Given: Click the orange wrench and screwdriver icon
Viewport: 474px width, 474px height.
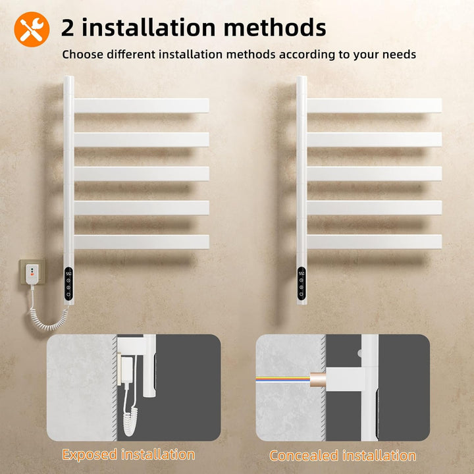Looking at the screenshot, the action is pos(32,30).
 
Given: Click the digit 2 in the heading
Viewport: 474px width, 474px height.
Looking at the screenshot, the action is pos(68,28).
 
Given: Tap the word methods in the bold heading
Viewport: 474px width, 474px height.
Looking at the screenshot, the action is pos(275,28).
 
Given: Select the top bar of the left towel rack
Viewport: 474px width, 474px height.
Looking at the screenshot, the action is pos(142,105).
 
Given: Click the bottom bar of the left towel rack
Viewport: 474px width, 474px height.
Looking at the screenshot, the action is pos(142,242).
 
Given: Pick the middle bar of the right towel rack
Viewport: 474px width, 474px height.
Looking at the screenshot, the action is pos(374,174).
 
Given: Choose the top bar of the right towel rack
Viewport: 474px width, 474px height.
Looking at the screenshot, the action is pos(374,105).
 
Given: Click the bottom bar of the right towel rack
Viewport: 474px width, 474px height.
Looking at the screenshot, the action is pos(374,242).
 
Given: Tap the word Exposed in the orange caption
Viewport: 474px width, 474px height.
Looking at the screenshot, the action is pos(90,455).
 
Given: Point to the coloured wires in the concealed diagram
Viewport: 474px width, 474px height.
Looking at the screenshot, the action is pos(283,379).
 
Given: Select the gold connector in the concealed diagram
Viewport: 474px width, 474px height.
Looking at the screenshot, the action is pos(318,379).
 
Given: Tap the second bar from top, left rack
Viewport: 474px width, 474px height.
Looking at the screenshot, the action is pos(142,140).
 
